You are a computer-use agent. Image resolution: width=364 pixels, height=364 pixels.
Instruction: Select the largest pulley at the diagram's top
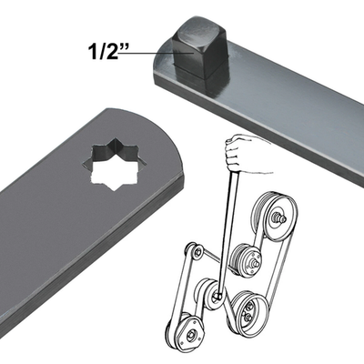275,217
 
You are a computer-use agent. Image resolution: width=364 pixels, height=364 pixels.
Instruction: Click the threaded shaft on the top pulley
281,217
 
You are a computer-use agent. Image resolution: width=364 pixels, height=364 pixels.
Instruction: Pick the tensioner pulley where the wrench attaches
215,294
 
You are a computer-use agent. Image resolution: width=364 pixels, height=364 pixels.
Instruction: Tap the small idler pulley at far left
194,251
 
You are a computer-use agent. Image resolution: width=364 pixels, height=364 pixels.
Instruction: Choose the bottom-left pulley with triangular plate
186,334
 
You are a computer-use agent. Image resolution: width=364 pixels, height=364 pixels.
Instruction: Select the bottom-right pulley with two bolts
248,312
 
